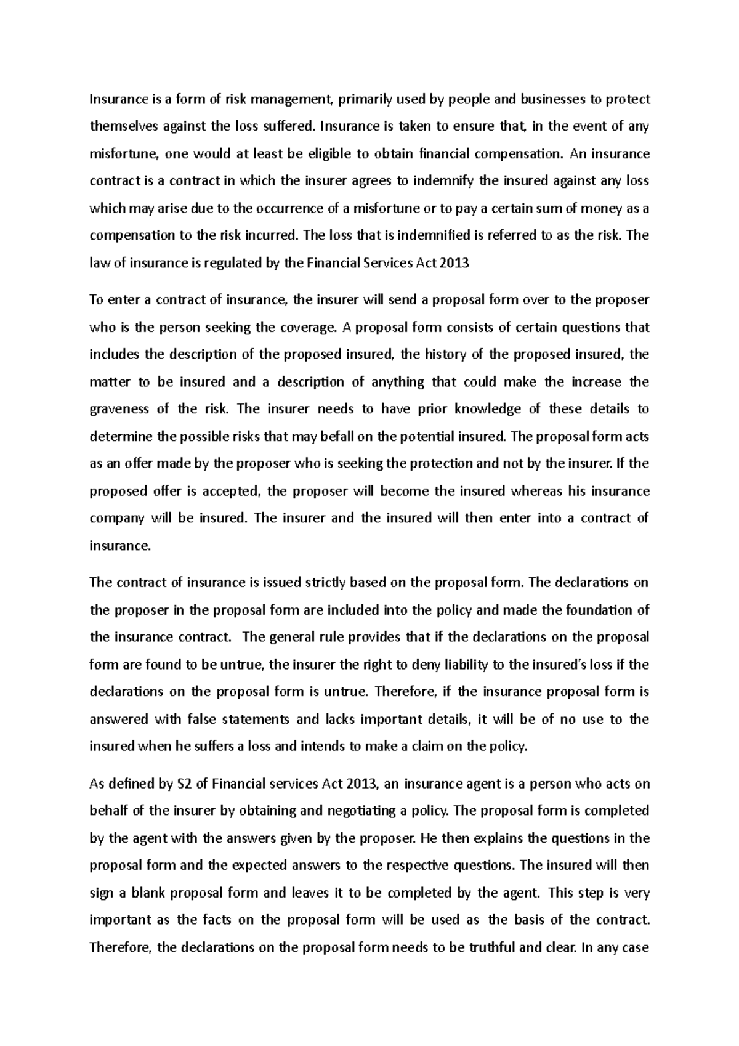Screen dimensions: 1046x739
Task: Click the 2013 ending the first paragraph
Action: pyautogui.click(x=456, y=264)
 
